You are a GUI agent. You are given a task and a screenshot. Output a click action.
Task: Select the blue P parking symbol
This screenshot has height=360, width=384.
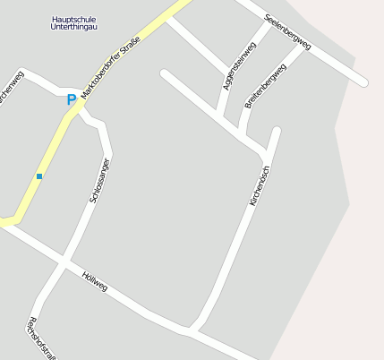tap(72, 100)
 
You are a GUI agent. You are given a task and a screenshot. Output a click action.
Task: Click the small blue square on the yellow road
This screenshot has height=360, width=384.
tap(39, 176)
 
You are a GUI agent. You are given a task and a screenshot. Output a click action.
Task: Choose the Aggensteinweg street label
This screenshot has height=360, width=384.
tap(239, 65)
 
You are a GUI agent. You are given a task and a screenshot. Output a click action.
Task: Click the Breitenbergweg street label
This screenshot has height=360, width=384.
tap(266, 87)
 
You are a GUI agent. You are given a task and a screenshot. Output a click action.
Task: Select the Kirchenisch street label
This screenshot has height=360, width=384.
tap(259, 187)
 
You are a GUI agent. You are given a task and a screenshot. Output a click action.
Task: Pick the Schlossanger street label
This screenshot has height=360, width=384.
tap(99, 181)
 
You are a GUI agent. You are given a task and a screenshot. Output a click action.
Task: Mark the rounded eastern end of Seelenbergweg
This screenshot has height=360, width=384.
tap(363, 82)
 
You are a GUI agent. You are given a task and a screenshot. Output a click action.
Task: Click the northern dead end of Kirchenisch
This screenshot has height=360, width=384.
tap(277, 132)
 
